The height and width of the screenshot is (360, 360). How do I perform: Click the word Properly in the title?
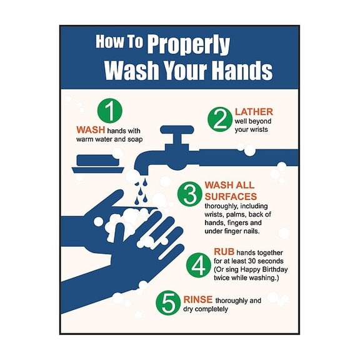[x=189, y=45]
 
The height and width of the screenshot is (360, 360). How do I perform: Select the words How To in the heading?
[x=120, y=42]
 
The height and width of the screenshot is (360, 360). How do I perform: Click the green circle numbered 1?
[x=109, y=111]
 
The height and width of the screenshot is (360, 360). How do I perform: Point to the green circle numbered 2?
[x=220, y=119]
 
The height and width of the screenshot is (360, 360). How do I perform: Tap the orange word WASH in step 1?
[x=90, y=130]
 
